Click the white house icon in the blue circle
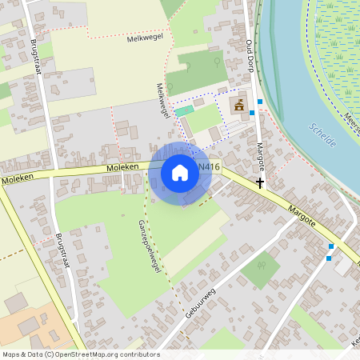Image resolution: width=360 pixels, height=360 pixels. (x=180, y=173)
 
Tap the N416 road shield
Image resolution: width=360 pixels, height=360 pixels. (x=209, y=167)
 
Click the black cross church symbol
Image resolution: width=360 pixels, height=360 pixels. (x=260, y=183)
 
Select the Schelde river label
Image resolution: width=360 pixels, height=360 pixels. (x=322, y=133)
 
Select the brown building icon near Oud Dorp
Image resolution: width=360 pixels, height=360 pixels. (x=238, y=105)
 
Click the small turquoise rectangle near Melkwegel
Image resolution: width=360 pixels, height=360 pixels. (x=184, y=110)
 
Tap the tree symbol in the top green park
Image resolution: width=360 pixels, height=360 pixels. (x=216, y=60)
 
